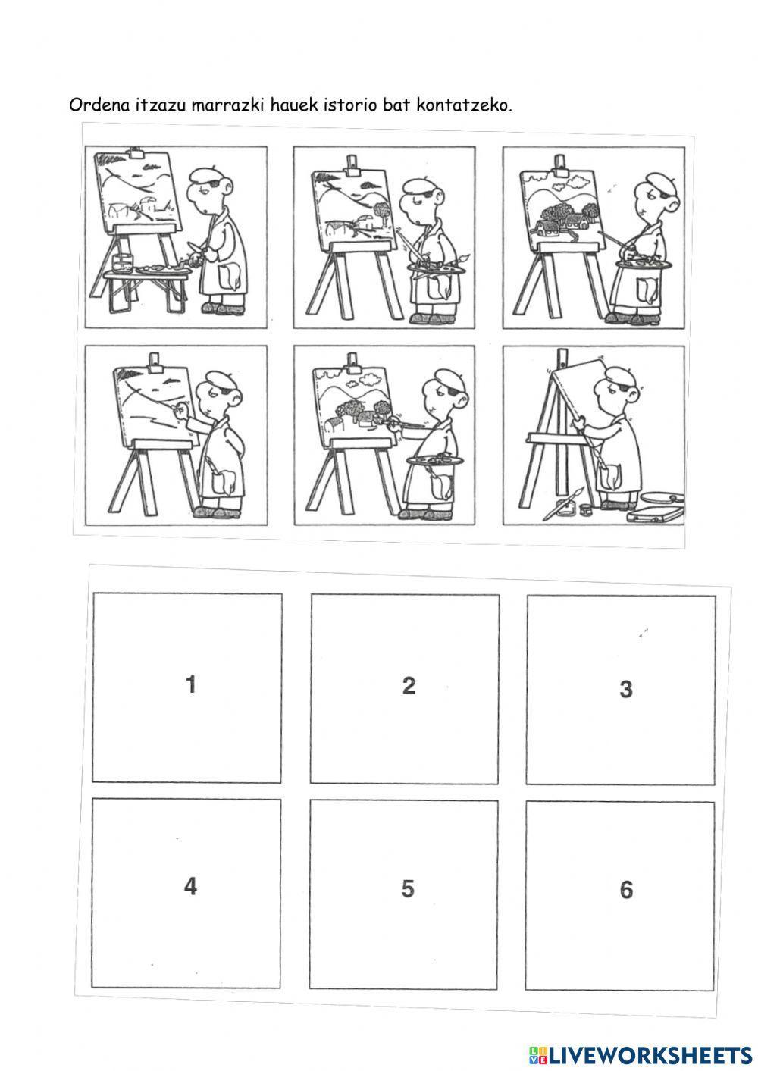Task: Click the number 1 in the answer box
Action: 191,684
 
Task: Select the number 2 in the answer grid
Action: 409,685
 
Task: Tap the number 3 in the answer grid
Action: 626,689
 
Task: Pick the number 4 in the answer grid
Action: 190,886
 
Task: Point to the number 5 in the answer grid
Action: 408,888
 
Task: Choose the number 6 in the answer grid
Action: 626,890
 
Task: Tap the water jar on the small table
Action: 122,262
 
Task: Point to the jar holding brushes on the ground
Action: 566,507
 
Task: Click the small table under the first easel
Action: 146,290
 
